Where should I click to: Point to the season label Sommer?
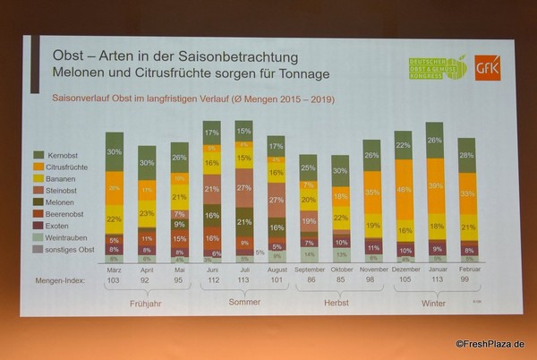click(x=244, y=302)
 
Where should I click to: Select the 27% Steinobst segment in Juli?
click(x=244, y=188)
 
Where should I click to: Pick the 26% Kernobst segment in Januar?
click(x=435, y=141)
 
